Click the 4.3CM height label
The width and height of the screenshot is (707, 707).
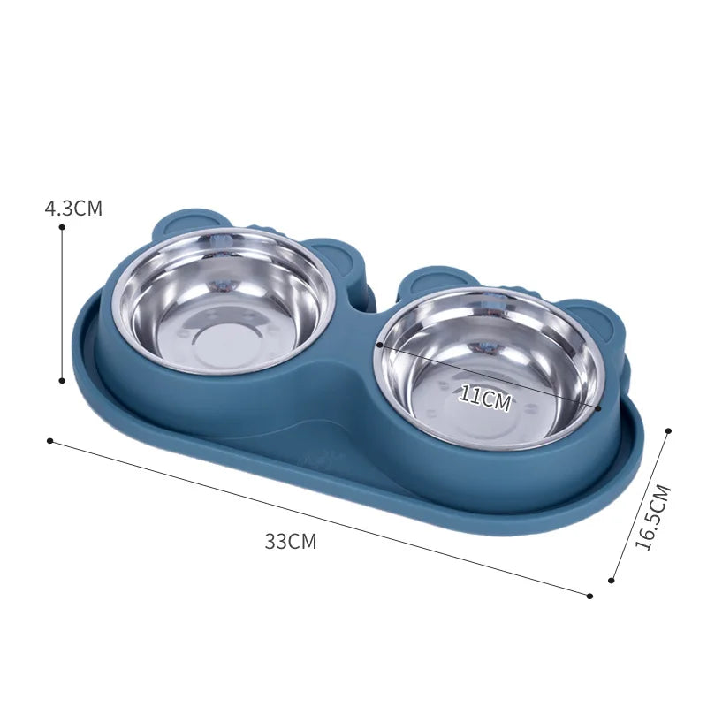(x=74, y=209)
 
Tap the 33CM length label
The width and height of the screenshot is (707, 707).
(x=290, y=543)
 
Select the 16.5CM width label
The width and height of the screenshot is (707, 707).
(x=654, y=518)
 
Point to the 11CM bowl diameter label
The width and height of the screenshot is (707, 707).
(x=484, y=399)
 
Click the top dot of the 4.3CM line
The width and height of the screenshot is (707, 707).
(x=62, y=227)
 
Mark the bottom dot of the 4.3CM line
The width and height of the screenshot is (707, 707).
(x=62, y=381)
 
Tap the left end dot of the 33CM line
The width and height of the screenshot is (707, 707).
(x=50, y=440)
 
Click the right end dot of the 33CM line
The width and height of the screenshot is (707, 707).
(x=589, y=595)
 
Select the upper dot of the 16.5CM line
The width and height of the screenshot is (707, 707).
(x=668, y=430)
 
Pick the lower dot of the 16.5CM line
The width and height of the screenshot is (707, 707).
(x=612, y=581)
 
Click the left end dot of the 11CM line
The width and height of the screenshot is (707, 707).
(x=379, y=346)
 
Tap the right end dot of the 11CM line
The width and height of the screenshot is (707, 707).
(x=599, y=408)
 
